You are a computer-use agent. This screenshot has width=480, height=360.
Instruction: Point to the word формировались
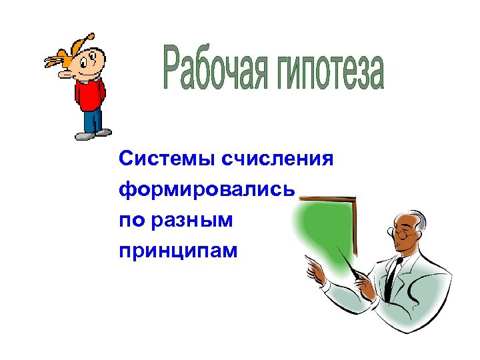click(x=206, y=191)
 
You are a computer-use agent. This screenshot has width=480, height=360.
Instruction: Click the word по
click(x=131, y=221)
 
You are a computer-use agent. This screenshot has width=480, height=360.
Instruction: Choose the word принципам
click(x=178, y=251)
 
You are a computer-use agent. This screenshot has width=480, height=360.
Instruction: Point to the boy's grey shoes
click(x=93, y=134)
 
